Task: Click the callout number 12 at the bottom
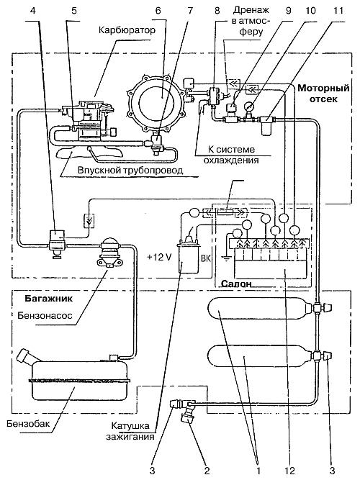coord(289,470)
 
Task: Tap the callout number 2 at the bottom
coord(207,470)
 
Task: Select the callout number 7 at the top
coord(190,10)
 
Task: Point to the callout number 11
coord(338,10)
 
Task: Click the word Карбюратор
coord(127,30)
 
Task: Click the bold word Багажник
coord(49,299)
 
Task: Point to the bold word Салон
coord(236,284)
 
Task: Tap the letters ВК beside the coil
coord(206,258)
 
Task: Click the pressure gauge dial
coord(248,107)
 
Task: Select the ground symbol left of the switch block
coord(226,259)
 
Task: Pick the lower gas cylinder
coord(260,357)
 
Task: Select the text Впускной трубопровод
coord(130,170)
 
